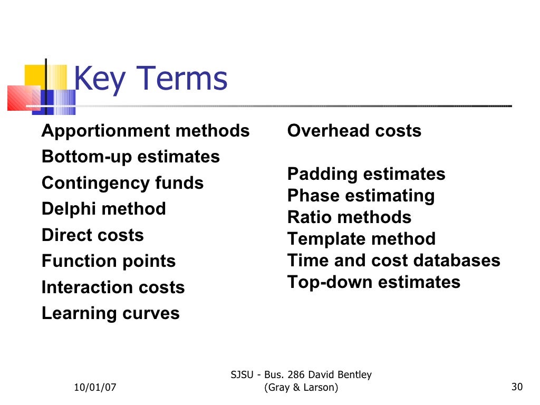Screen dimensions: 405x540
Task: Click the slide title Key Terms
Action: (x=150, y=79)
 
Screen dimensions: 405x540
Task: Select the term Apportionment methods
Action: (x=146, y=131)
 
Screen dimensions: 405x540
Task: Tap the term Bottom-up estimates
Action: (x=131, y=157)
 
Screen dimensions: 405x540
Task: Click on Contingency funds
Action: (x=122, y=183)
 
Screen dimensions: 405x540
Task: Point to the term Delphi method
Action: (x=104, y=209)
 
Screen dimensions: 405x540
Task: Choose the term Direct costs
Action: (x=93, y=235)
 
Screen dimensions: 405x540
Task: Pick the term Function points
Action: (x=109, y=261)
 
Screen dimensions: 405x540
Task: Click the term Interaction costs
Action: (x=113, y=287)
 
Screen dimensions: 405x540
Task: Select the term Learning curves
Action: (x=111, y=313)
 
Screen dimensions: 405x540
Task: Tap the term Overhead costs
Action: (x=354, y=131)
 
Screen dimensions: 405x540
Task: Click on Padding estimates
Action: (x=367, y=174)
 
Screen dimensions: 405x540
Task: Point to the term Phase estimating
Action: (x=361, y=196)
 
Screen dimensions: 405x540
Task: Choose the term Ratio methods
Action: (x=350, y=217)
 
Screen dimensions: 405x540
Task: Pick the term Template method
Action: (x=362, y=239)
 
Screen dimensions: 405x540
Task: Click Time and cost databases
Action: (x=394, y=261)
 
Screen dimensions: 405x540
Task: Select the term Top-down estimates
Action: (x=374, y=282)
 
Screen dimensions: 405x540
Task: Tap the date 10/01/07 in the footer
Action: (x=95, y=388)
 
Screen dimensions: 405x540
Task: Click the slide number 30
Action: (x=517, y=388)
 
